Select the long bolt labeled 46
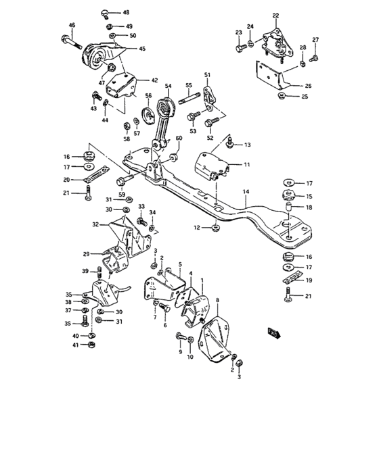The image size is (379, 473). (74, 43)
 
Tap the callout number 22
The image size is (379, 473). (275, 16)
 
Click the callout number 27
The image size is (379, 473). (315, 40)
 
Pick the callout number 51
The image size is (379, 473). (208, 74)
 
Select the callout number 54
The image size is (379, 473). (169, 86)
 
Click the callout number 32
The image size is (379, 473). (95, 224)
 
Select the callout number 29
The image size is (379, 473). (87, 254)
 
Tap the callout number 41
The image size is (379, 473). (75, 345)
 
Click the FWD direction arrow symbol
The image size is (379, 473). (274, 332)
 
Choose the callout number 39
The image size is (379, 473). (85, 271)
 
